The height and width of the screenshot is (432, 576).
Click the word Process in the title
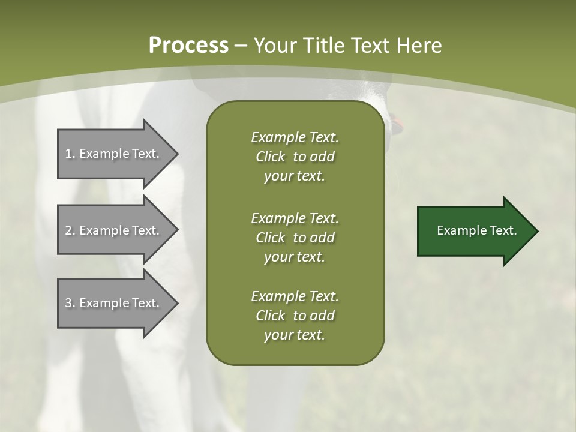188,46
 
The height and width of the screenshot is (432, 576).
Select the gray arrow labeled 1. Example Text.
114,154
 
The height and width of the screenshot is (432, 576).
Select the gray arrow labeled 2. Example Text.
114,230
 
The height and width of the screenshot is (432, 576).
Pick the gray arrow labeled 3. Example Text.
114,303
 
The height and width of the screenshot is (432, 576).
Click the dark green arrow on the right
474,231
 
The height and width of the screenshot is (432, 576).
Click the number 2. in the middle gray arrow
70,230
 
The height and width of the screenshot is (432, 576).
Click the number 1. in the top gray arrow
70,154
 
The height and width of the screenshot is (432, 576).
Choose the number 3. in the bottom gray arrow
70,303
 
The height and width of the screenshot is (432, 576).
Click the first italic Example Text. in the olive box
295,137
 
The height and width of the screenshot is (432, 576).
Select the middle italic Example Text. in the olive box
295,218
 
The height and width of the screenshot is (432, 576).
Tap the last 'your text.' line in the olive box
295,335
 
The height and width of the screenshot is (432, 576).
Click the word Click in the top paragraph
271,157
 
